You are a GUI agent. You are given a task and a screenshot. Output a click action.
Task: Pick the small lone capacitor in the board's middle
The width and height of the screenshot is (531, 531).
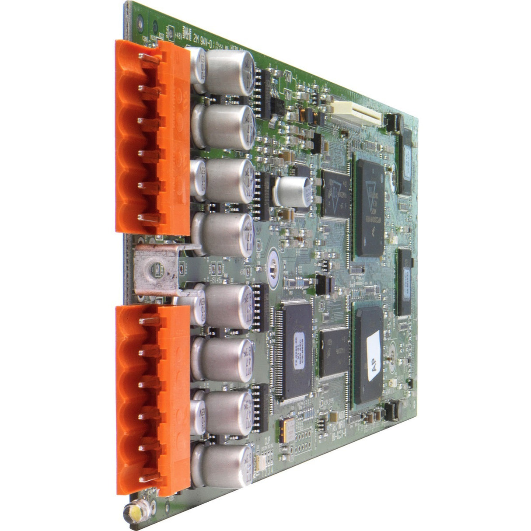[x=292, y=192]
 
